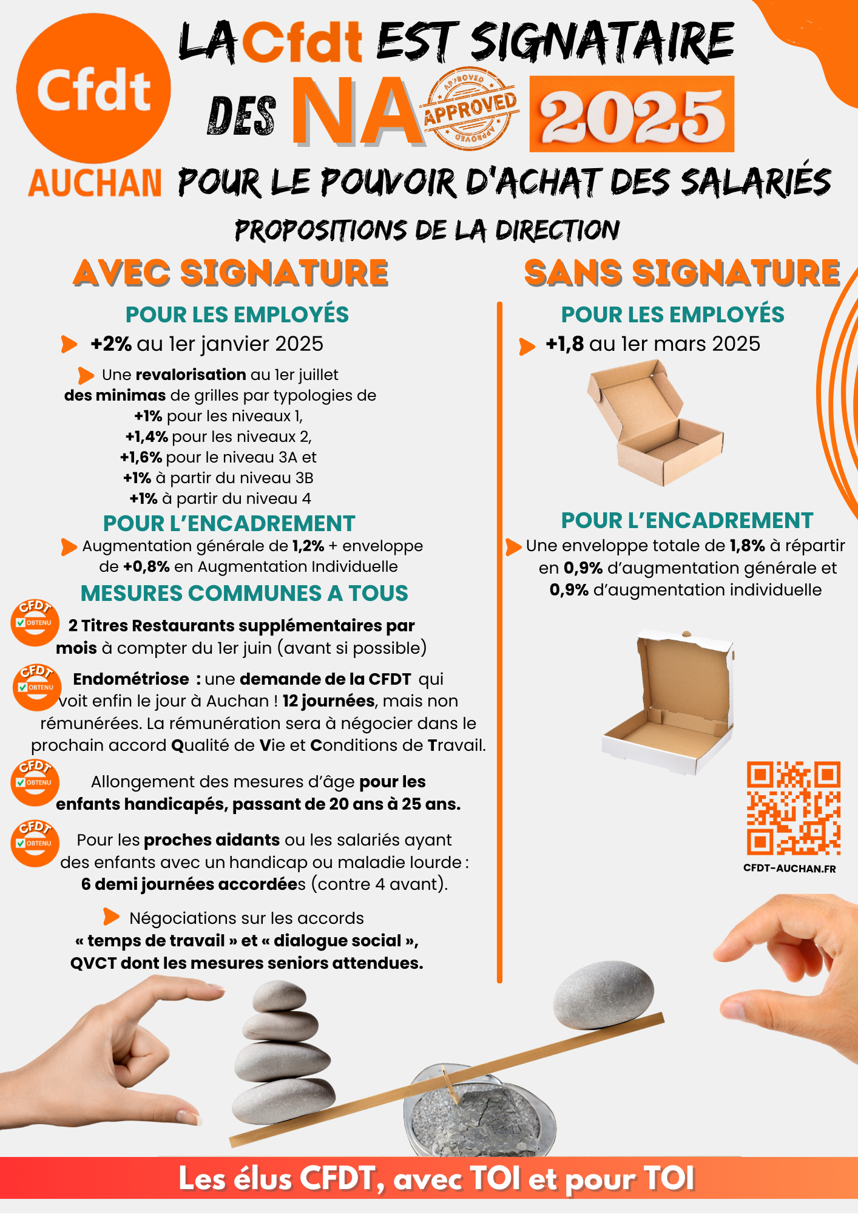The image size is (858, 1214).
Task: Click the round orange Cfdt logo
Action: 93,89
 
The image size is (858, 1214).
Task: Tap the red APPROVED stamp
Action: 471,108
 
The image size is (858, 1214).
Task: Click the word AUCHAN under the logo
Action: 95,183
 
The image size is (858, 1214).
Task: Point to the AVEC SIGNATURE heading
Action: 231,272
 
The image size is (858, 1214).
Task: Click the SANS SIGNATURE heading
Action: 683,272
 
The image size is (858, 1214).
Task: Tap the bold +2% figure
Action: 111,344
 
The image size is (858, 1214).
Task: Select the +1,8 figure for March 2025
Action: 564,344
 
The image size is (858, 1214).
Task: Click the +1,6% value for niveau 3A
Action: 141,457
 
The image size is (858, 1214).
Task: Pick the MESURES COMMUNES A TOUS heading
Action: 245,593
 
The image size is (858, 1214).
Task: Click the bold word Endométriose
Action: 131,679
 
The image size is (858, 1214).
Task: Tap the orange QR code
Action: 794,808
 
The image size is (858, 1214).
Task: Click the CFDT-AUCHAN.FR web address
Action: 789,869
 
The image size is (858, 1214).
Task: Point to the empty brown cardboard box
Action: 655,422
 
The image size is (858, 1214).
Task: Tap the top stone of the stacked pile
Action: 279,996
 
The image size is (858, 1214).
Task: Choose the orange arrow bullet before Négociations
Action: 111,917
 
